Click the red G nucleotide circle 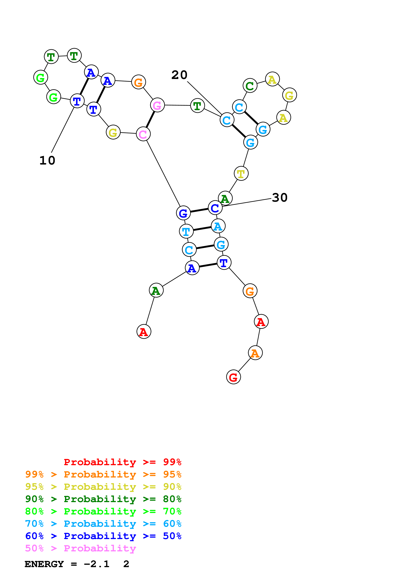[233, 377]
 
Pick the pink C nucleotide [143, 134]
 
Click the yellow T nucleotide [241, 173]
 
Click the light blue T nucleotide [186, 231]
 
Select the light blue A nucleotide [218, 226]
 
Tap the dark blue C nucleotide [215, 208]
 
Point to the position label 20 [179, 75]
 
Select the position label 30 [280, 198]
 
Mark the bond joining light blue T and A [202, 229]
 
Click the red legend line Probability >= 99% [122, 462]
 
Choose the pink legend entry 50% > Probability [80, 548]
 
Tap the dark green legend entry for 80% [103, 499]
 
